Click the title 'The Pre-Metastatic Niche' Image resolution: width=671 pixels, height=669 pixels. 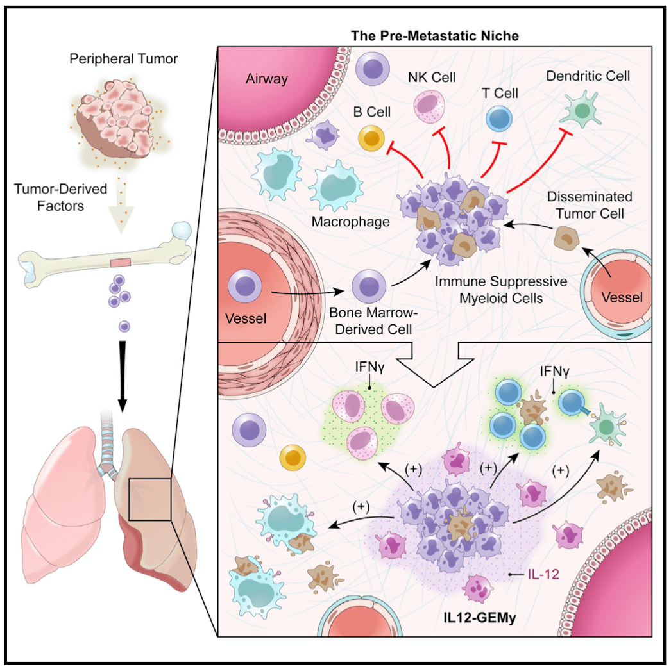click(x=435, y=35)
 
